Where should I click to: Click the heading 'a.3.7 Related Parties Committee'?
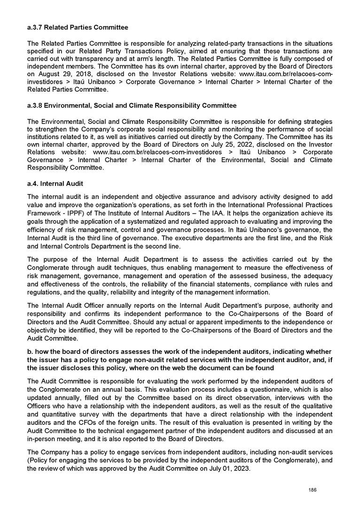[78, 28]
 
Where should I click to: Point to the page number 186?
[313, 490]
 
